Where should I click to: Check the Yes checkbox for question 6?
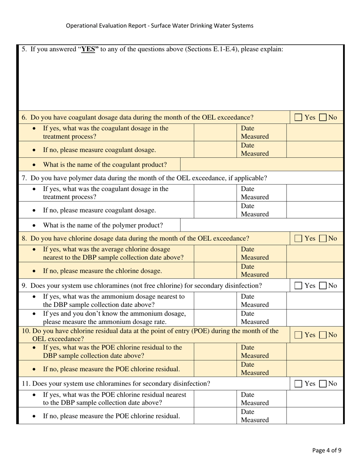298,118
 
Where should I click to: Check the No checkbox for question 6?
323,118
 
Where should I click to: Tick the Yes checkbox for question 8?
298,239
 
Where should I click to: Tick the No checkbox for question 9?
323,286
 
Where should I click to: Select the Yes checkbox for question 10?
298,335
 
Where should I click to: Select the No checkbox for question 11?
323,384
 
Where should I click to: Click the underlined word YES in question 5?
88,49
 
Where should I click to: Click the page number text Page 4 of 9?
327,450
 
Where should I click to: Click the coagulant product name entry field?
262,165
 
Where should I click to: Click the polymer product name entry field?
262,225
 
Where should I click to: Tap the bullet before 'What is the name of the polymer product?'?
34,226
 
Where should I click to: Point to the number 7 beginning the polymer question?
24,178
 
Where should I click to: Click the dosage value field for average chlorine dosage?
215,254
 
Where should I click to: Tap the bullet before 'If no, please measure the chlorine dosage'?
34,271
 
